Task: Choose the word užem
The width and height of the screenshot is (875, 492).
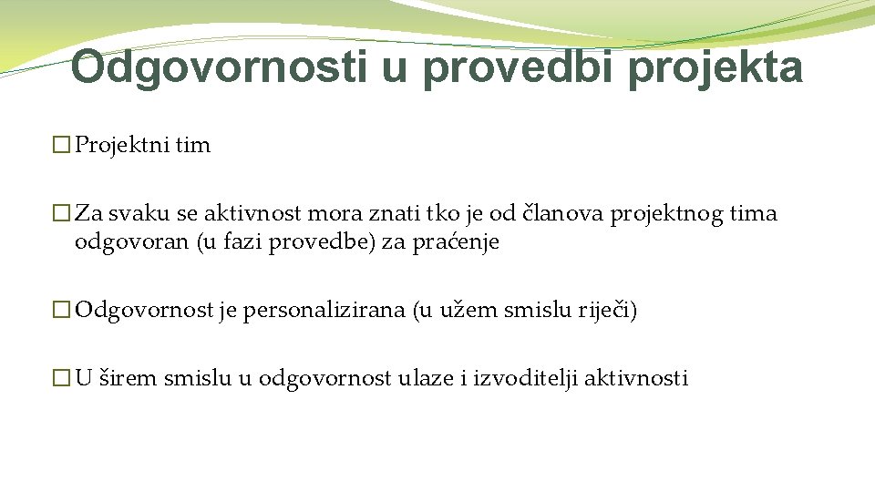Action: [x=460, y=311]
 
